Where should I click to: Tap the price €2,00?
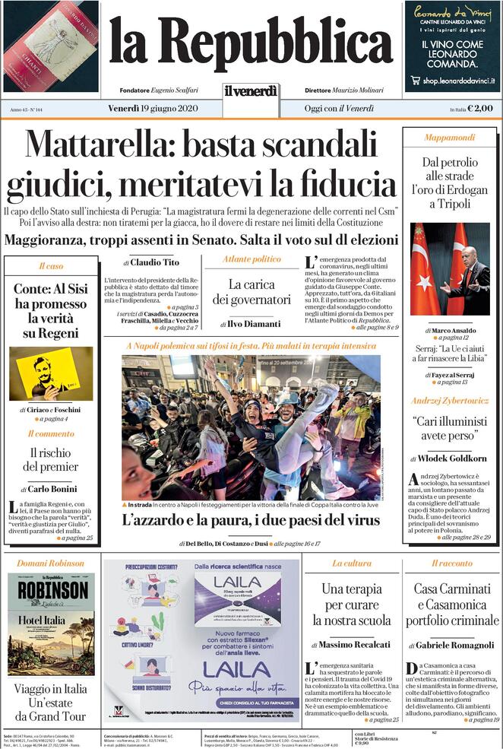tap(480, 109)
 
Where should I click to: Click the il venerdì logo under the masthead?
tap(251, 91)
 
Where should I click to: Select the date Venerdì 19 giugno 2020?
tap(153, 109)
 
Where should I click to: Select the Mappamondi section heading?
tap(449, 138)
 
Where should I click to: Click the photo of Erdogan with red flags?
tap(450, 269)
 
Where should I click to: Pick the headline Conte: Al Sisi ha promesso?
tap(51, 311)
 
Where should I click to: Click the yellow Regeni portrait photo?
tap(51, 373)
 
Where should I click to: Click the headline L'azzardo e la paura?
tap(251, 521)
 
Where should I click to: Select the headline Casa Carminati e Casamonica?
tap(452, 605)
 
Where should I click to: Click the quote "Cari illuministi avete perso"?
tap(450, 428)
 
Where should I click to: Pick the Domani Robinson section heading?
tap(51, 563)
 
